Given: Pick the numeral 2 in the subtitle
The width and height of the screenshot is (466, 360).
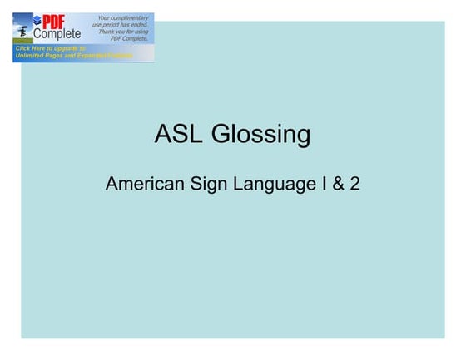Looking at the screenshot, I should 355,184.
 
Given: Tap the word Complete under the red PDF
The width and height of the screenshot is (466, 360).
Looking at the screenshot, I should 57,35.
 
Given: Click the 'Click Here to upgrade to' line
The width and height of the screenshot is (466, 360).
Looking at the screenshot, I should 49,49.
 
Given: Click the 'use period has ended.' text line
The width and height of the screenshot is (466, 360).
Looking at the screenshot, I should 121,25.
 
